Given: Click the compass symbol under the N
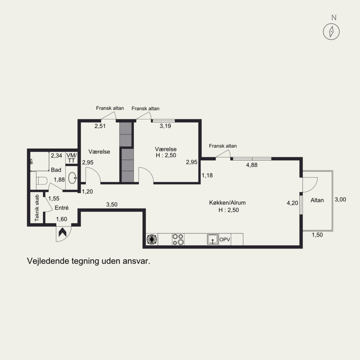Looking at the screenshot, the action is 331,31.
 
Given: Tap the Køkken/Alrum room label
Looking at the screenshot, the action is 227,203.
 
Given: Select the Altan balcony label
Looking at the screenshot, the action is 317,200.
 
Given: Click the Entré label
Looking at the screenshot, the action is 62,208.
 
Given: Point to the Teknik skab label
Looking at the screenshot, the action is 37,208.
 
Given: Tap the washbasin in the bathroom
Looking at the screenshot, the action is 72,178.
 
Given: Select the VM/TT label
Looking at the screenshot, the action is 72,158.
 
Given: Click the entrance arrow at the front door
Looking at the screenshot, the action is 63,232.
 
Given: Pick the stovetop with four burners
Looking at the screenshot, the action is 178,239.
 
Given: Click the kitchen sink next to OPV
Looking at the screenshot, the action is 213,239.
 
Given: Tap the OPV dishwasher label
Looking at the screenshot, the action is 225,239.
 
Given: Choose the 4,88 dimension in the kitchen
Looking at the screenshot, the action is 252,165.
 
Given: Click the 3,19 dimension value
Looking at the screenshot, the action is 165,126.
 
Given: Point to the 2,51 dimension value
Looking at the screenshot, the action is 100,126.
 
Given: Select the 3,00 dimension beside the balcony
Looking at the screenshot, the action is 340,199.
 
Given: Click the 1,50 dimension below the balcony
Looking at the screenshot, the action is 317,234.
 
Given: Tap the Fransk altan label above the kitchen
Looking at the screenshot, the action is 223,146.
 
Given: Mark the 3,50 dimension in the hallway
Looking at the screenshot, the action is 112,204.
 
